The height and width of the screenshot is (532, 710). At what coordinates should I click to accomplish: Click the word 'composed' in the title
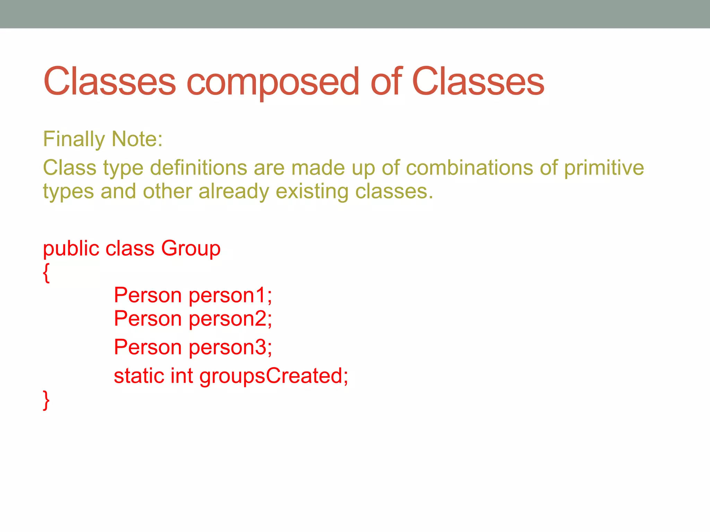coord(273,82)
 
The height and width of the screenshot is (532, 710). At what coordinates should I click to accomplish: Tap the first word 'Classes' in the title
coord(110,81)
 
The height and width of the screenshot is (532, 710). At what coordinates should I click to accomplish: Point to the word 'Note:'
coord(137,139)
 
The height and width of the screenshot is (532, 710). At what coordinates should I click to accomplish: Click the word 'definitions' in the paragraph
coord(199,168)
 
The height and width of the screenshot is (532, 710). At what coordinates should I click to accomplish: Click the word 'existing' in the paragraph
coord(312,192)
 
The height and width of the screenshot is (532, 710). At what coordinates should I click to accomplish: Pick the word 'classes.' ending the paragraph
coord(394,192)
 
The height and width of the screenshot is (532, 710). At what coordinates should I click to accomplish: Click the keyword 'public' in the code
coord(71,249)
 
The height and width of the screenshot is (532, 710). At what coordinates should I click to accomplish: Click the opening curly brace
coord(46,273)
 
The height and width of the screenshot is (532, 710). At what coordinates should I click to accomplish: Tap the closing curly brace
coord(46,400)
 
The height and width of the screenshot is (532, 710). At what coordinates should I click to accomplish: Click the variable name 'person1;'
coord(230,296)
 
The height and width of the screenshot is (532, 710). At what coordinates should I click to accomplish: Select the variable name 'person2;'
coord(230,319)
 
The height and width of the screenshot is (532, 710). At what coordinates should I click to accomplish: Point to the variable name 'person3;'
coord(230,347)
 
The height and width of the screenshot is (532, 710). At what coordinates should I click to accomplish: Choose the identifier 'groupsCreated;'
coord(274,376)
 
